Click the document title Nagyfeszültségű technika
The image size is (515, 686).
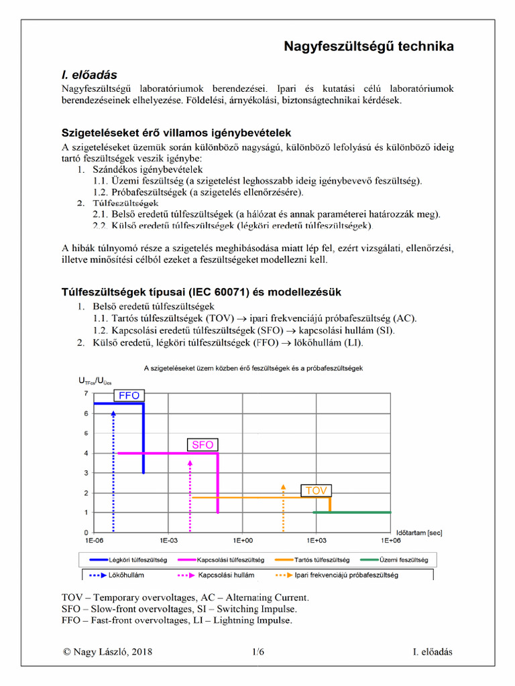[369, 46]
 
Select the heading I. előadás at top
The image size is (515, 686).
[90, 75]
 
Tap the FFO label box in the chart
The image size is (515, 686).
[129, 395]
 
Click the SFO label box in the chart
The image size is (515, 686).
[203, 444]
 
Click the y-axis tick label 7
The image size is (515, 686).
[86, 393]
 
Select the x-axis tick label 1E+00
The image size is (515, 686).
[243, 539]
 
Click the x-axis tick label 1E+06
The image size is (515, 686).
[390, 539]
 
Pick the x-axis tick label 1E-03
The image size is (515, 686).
[168, 539]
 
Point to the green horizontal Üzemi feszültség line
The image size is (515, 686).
[352, 512]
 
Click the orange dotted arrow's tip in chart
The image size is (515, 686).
[284, 484]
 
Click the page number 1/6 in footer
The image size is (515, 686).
[258, 651]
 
